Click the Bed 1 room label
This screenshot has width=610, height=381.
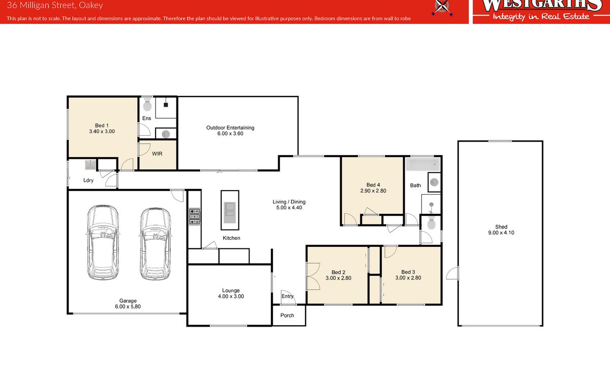tap(102, 125)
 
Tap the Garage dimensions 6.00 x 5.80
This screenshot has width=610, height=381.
tap(128, 306)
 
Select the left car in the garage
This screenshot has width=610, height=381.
tap(103, 242)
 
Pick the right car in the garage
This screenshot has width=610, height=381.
tap(156, 244)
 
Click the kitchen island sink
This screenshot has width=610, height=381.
tap(230, 212)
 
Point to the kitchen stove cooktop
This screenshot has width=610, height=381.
tap(194, 216)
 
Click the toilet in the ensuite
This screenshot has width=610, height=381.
tap(147, 104)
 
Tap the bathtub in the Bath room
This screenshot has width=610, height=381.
tap(422, 165)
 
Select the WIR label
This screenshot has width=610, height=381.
tap(157, 154)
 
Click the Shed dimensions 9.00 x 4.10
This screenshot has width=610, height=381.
tap(501, 233)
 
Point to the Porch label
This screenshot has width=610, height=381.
tap(287, 315)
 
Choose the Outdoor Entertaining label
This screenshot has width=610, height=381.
tap(230, 128)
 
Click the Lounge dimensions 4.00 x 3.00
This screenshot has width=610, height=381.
tap(231, 296)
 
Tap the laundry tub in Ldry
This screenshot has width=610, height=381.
tap(90, 165)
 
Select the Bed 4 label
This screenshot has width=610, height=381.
tap(373, 185)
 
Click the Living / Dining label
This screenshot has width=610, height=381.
tap(289, 202)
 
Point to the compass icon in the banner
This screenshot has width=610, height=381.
tap(442, 7)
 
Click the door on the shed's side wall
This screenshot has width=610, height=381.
tap(452, 273)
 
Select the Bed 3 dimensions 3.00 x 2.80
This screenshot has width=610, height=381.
tap(408, 278)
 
